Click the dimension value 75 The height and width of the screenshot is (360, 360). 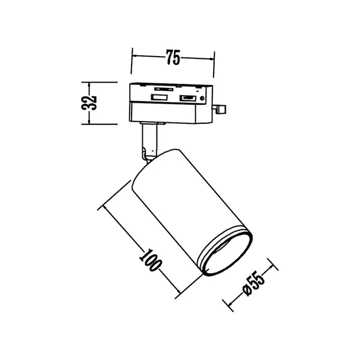[172, 57]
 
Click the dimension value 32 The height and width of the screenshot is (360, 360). [90, 103]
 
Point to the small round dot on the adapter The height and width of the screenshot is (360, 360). [202, 97]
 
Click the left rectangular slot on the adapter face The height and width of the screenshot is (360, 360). [158, 96]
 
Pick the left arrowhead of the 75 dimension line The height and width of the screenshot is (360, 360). [133, 57]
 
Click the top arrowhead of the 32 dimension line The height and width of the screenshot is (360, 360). [89, 84]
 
